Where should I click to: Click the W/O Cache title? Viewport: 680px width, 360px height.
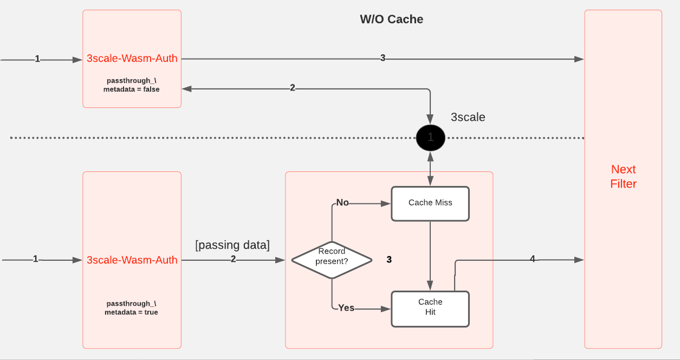tap(391, 20)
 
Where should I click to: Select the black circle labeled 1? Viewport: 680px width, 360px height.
tap(430, 138)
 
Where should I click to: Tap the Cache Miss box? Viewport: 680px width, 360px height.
tap(430, 203)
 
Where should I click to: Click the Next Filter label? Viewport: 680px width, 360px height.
tap(623, 177)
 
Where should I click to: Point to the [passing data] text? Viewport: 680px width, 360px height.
tap(232, 245)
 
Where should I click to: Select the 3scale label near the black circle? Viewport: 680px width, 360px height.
tap(468, 117)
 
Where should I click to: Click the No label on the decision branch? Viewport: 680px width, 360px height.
tap(342, 203)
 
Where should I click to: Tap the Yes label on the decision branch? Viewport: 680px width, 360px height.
tap(346, 308)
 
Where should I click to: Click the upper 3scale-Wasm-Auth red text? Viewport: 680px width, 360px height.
tap(132, 59)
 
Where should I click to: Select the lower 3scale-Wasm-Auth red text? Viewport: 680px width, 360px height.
tap(132, 260)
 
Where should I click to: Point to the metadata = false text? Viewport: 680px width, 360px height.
tap(132, 89)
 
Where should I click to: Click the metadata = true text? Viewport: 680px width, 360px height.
tap(132, 312)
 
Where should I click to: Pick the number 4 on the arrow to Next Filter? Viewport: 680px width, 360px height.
tap(532, 260)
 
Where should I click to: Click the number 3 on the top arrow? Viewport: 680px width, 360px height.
tap(383, 58)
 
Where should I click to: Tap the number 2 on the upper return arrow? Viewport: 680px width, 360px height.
tap(293, 88)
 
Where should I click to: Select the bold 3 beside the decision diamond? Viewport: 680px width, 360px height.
tap(389, 260)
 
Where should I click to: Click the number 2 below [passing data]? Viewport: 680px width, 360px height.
tap(233, 260)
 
